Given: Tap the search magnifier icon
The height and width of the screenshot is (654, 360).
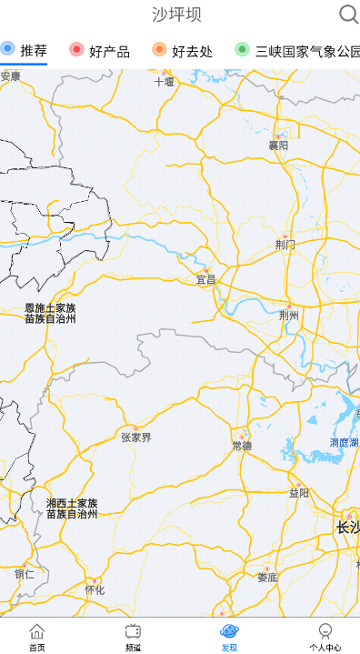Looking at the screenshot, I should [348, 14].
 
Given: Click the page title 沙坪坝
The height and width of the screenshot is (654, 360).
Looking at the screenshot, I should [176, 15].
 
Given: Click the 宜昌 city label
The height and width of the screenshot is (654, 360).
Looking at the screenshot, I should [206, 279].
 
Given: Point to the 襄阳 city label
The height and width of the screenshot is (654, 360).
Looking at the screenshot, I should [278, 145].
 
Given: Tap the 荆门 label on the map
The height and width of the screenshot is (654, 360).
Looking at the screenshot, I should [285, 244].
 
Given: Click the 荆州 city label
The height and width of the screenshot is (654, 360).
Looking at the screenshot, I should [289, 316].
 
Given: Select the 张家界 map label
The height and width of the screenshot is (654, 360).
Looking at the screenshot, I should [136, 438].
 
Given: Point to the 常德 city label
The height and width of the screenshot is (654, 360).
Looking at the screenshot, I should [242, 445].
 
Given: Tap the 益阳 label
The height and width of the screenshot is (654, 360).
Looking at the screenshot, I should [298, 493].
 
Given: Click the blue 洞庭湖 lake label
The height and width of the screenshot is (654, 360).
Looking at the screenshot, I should [344, 443].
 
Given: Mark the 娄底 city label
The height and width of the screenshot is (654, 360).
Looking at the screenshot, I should [267, 577].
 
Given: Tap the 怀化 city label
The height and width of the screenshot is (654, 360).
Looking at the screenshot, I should [95, 589].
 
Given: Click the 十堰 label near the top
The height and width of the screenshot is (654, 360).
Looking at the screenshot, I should [164, 81].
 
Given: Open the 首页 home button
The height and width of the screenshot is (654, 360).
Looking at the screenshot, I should [36, 637].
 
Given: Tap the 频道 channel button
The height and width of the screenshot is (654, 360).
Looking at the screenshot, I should [133, 637].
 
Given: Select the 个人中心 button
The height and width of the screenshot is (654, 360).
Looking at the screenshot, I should [325, 637].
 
